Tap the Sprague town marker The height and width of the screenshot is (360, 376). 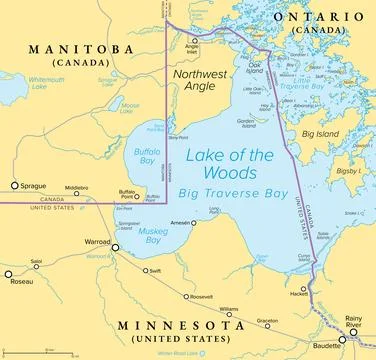(x=13, y=185)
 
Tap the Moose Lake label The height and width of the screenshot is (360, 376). (x=128, y=106)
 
